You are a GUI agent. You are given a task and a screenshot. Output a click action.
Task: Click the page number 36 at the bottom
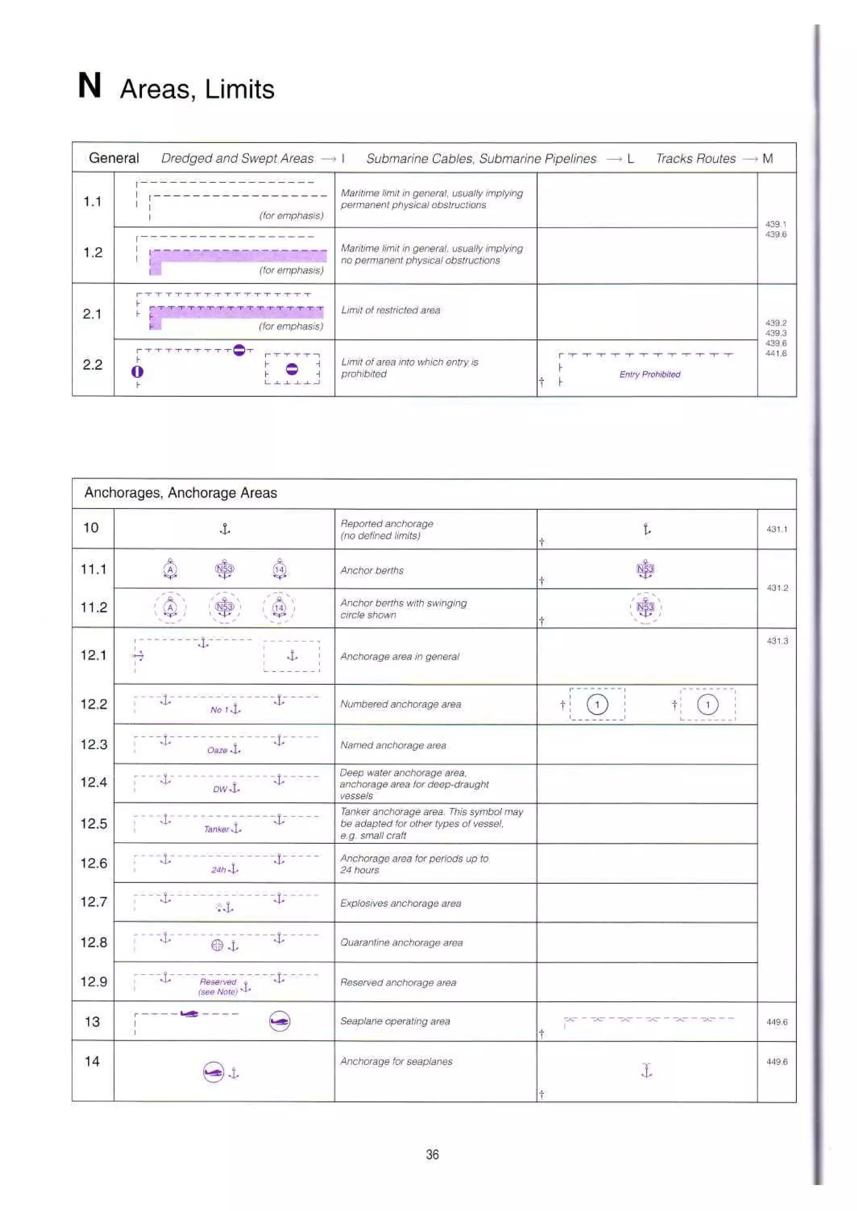[x=432, y=1155]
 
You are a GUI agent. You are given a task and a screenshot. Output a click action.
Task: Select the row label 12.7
[x=93, y=902]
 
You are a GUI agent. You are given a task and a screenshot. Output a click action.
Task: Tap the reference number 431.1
[x=777, y=529]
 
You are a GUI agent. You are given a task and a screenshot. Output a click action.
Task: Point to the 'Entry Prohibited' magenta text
[x=649, y=374]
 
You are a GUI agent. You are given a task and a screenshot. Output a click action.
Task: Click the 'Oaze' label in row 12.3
[x=217, y=750]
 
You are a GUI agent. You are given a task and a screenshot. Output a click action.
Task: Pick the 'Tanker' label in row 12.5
[x=216, y=829]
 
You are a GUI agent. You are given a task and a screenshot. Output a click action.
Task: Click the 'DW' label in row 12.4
[x=220, y=790]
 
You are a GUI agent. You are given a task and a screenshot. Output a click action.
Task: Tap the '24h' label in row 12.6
[x=218, y=870]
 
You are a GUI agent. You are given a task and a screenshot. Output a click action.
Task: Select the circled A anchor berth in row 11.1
[x=170, y=570]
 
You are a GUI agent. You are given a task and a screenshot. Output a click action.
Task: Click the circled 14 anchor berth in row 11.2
[x=279, y=608]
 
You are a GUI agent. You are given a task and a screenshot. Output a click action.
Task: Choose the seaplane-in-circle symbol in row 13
[x=279, y=1022]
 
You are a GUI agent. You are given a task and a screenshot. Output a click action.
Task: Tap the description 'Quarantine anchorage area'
[x=401, y=942]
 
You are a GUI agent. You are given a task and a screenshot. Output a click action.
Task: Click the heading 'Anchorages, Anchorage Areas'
[x=180, y=493]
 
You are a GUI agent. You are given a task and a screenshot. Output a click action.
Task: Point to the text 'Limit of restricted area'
[x=390, y=310]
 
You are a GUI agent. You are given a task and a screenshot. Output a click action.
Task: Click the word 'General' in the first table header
[x=114, y=158]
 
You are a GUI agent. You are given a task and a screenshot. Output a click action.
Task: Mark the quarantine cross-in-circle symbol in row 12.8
[x=217, y=946]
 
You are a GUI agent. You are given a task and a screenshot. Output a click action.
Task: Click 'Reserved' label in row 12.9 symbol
[x=218, y=982]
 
